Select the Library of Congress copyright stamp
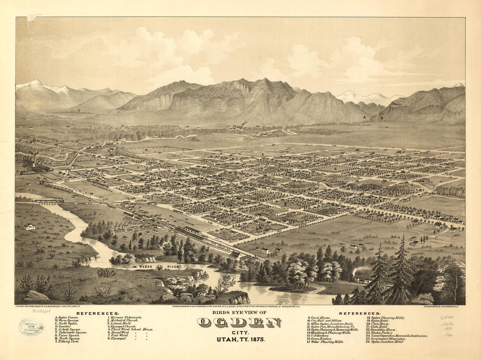[x=31, y=327]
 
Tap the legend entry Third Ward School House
[x=132, y=329]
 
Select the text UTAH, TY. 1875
[x=239, y=339]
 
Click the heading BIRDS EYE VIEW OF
[x=239, y=312]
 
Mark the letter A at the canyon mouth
[x=364, y=118]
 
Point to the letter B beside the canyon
[x=381, y=118]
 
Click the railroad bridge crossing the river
[x=49, y=201]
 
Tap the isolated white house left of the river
[x=30, y=226]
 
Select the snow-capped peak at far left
[x=35, y=83]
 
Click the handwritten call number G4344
[x=447, y=318]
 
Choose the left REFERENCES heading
[x=97, y=313]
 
